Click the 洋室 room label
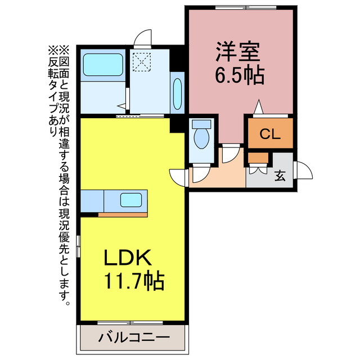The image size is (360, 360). (237, 51)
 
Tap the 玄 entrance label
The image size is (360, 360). (280, 175)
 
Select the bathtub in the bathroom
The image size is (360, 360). (103, 66)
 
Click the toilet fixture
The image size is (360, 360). (201, 136)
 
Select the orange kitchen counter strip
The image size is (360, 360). (123, 214)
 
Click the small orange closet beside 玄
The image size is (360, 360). (258, 157)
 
